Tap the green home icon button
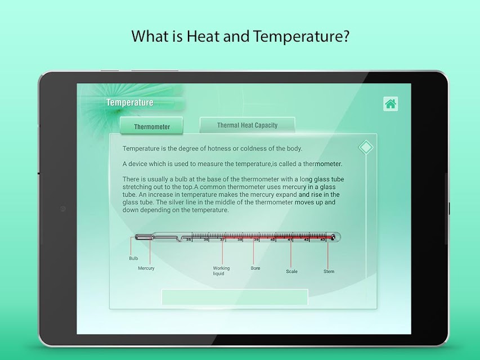[x=391, y=103]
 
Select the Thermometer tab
[x=151, y=126]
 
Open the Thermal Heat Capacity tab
[x=248, y=125]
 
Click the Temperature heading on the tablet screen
[x=130, y=102]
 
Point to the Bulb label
[x=133, y=258]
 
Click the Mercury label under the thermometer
[x=146, y=268]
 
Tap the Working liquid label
[x=221, y=271]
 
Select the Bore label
[x=255, y=268]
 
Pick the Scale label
[x=291, y=271]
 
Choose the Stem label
[x=329, y=271]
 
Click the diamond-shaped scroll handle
[x=366, y=147]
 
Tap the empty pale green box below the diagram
[x=235, y=297]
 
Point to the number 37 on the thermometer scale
[x=222, y=240]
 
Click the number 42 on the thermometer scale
[x=306, y=240]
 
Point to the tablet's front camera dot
[x=63, y=209]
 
